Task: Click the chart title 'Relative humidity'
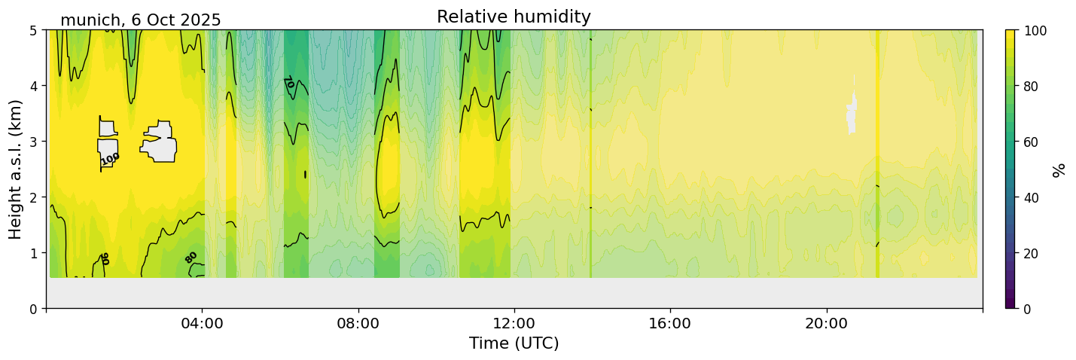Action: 514,17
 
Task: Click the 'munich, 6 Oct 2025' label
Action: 140,20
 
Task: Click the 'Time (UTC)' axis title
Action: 514,343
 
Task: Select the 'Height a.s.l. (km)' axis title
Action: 16,169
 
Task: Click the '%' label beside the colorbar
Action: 1059,169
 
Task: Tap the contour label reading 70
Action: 288,82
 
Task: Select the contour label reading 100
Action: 110,158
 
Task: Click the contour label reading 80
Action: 191,257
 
